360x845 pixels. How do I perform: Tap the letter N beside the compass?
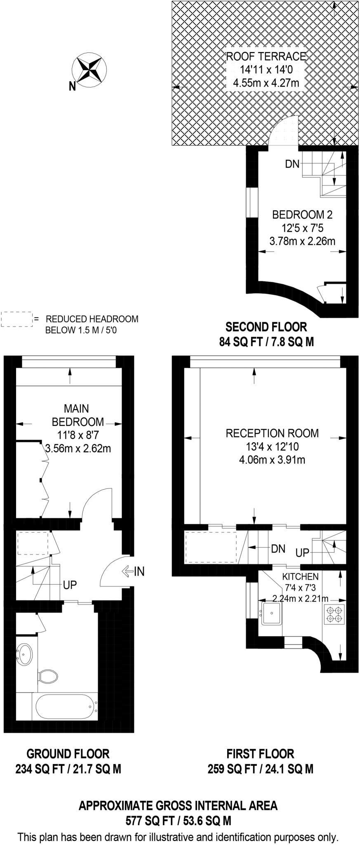(72, 86)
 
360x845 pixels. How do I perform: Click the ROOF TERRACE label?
(266, 57)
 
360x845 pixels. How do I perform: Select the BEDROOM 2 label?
(302, 215)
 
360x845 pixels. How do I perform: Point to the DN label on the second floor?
(292, 164)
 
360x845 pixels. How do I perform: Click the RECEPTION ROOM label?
(272, 433)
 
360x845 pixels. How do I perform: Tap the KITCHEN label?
(300, 576)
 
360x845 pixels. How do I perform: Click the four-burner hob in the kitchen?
(334, 614)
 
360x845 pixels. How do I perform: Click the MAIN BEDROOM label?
(77, 415)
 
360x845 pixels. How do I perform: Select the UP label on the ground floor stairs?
(70, 585)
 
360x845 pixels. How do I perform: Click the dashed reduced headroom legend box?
(16, 319)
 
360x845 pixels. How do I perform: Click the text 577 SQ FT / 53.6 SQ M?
(178, 821)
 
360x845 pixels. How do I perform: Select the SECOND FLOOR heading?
(266, 327)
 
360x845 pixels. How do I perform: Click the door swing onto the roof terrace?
(285, 131)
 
